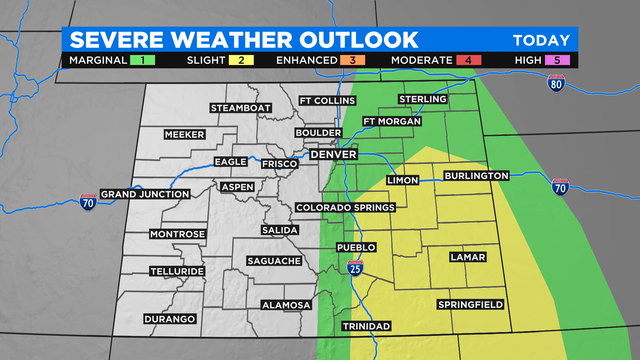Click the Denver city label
(334, 156)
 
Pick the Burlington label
(477, 175)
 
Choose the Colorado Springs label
(346, 208)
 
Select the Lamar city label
(467, 257)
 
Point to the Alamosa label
(286, 305)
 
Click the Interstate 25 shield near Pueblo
(357, 268)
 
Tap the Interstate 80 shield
(557, 84)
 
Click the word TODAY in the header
(541, 41)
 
